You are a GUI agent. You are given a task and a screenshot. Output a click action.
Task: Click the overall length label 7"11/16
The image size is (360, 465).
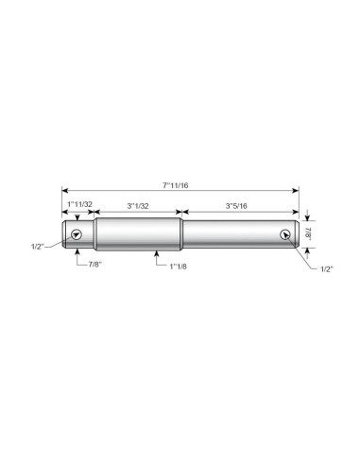tap(176, 185)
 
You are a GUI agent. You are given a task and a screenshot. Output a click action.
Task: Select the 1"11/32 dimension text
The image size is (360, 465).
tap(80, 204)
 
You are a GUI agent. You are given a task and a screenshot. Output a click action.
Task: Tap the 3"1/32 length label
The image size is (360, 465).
tap(138, 206)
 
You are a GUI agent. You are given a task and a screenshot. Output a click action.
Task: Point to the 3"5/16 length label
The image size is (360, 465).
tap(236, 206)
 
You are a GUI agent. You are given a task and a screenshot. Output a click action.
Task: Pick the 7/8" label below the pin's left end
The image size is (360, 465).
tap(94, 265)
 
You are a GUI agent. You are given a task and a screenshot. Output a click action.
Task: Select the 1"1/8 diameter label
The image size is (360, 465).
tap(178, 267)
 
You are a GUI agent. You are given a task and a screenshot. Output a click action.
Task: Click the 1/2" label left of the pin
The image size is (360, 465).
tap(38, 247)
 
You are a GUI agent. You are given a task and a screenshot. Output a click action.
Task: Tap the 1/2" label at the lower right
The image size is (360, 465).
tap(327, 269)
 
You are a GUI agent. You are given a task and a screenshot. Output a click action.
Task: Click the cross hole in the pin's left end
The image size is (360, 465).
tap(77, 234)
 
